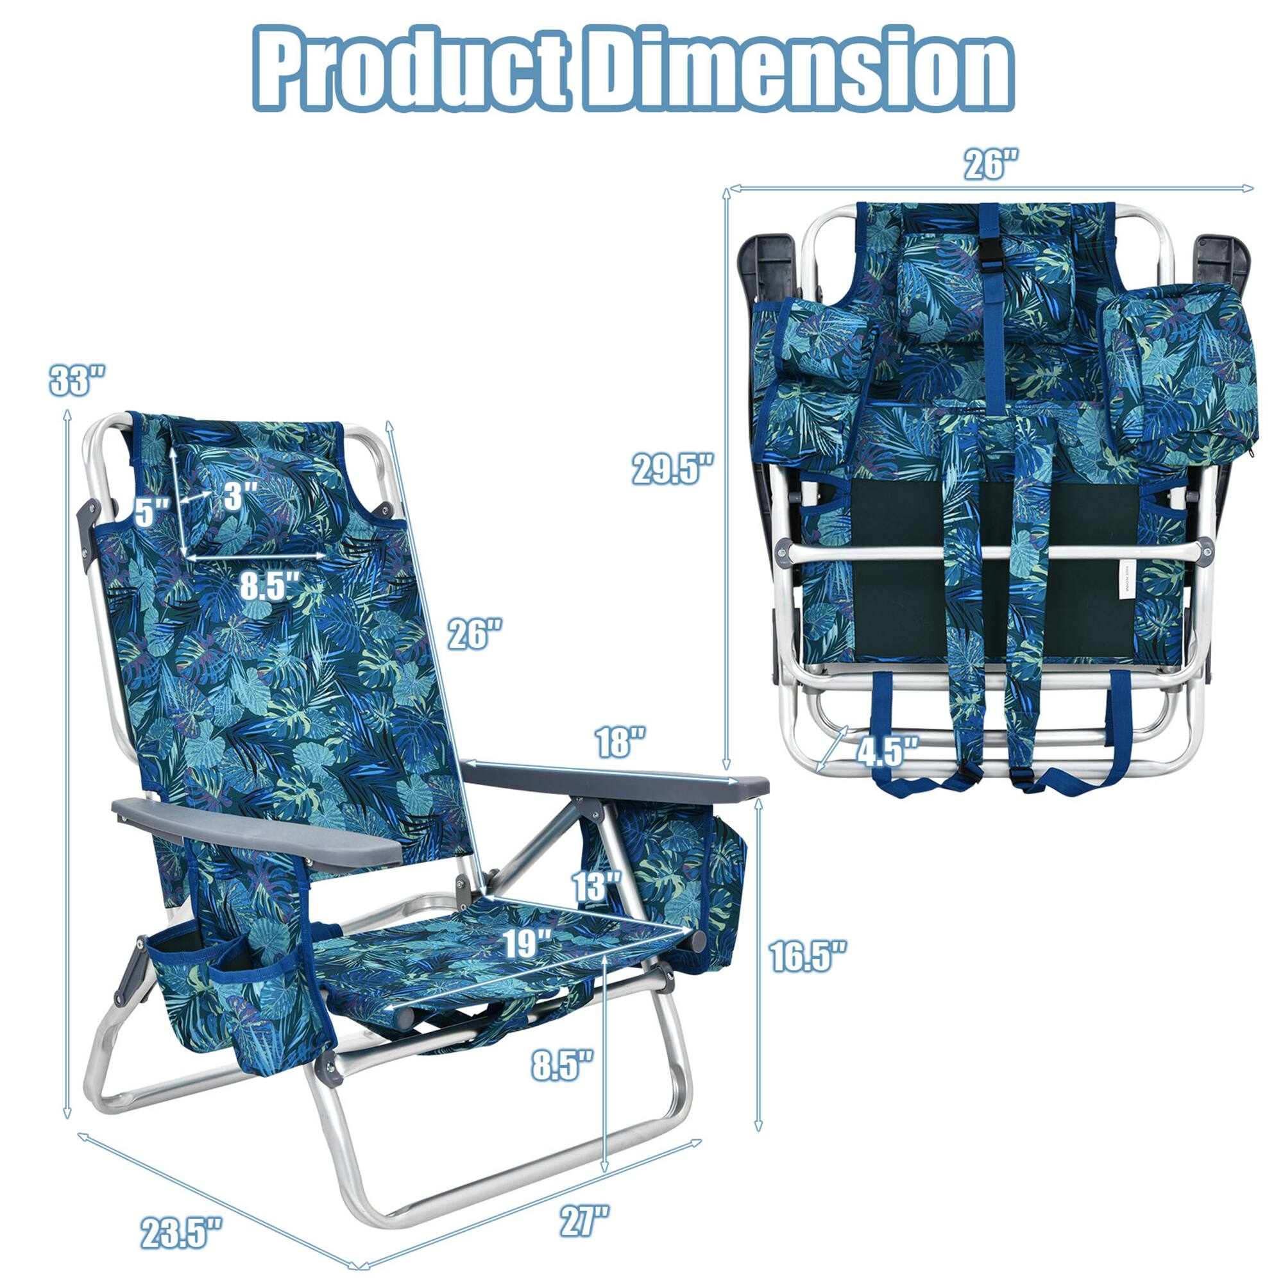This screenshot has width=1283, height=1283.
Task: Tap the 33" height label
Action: click(77, 380)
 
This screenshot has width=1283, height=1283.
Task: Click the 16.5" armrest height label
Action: click(808, 956)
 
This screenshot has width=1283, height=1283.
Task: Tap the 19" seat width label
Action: click(528, 943)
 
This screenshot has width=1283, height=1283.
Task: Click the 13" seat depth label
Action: click(597, 886)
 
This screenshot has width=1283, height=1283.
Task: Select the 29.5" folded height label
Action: click(672, 469)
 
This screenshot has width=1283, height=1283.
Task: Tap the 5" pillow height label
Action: click(153, 511)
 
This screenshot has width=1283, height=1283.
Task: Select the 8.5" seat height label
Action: click(561, 1064)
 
